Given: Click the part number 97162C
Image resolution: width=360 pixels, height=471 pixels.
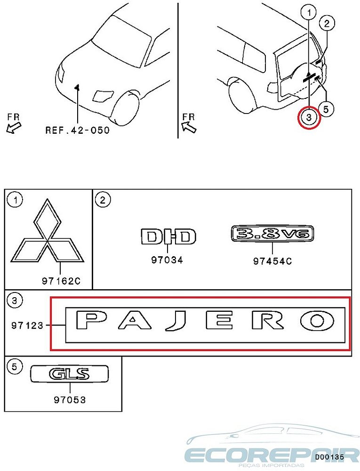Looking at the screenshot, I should tap(61, 281).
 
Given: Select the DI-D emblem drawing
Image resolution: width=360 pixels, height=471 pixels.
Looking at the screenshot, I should tap(168, 236).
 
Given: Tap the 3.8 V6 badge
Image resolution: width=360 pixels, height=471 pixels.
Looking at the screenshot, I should tap(272, 234).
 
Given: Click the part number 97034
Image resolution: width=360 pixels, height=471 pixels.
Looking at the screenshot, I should tap(167, 260).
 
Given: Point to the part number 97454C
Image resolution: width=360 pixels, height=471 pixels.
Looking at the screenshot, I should tap(272, 261).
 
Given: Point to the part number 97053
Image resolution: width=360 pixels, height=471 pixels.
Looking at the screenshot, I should tap(70, 400).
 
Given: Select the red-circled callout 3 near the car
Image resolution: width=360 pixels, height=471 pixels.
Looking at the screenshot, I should tap(309, 117).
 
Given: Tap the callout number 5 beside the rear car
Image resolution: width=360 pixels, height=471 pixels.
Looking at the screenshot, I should tap(326, 109).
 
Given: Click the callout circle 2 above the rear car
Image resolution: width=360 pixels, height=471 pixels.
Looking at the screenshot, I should tap(327, 22).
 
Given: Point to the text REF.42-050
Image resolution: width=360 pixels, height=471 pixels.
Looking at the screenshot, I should tap(77, 130).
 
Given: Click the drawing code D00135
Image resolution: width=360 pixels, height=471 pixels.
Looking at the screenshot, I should tap(329, 457).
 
